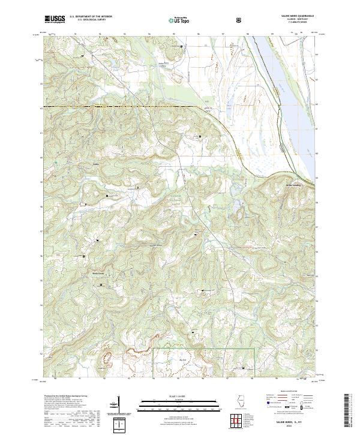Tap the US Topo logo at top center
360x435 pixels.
click(178, 20)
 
